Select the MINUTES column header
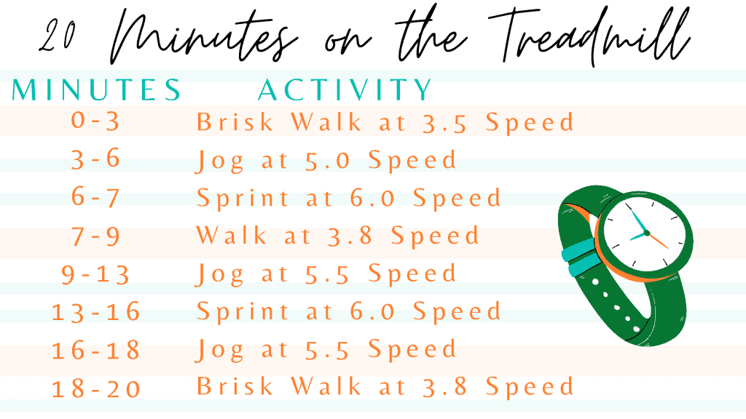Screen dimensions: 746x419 [x=96, y=89]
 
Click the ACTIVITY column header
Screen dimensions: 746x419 [x=345, y=89]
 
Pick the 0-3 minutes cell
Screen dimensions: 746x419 [x=95, y=121]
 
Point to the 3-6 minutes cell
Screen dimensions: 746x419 [x=95, y=159]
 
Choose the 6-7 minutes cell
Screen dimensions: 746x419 [x=95, y=196]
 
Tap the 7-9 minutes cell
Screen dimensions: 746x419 [x=95, y=236]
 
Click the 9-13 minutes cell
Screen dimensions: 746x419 [x=95, y=274]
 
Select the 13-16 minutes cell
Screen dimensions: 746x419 [x=95, y=312]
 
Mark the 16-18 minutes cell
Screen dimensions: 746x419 [x=95, y=350]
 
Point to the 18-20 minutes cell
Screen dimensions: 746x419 [x=95, y=388]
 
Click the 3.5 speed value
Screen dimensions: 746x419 [x=445, y=122]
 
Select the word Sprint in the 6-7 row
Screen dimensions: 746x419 [x=243, y=199]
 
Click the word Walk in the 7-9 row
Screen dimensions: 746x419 [x=232, y=235]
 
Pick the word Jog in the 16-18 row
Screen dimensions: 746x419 [x=220, y=351]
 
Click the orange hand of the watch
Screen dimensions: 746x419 [x=658, y=241]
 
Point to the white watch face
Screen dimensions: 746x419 [x=645, y=233]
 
